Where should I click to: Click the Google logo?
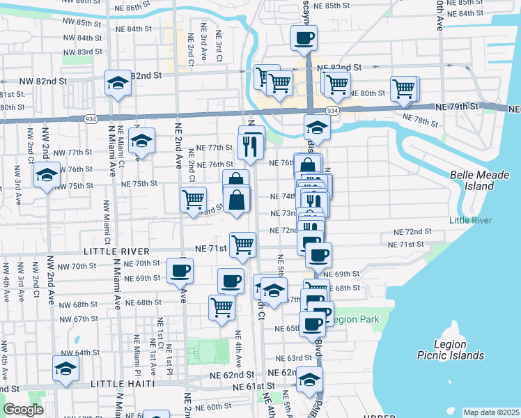click(23, 410)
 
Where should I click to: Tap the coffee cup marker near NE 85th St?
click(304, 39)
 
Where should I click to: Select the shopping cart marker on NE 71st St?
click(242, 245)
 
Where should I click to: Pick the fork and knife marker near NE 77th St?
click(249, 146)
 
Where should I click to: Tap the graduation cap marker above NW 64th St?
click(65, 369)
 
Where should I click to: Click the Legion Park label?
click(355, 320)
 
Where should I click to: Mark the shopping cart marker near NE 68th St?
click(221, 307)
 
